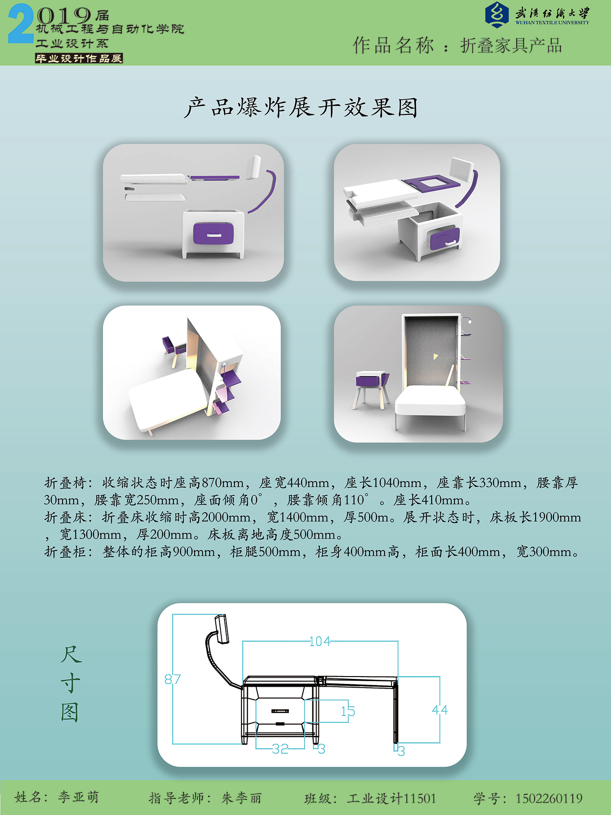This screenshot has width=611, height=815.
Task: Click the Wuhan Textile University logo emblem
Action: (x=497, y=15)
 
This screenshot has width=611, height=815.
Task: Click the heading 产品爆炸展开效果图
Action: (x=301, y=108)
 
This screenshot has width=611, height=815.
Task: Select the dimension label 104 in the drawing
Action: (x=320, y=641)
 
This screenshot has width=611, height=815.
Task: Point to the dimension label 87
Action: (x=173, y=679)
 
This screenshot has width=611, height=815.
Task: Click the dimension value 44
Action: (x=440, y=710)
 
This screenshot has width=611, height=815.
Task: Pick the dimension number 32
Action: (x=280, y=749)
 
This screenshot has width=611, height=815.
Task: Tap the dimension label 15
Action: (x=348, y=712)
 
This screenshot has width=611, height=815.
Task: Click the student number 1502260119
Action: (x=549, y=798)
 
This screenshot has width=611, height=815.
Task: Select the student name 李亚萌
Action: (x=78, y=797)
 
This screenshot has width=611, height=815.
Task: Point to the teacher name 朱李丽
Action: (x=242, y=798)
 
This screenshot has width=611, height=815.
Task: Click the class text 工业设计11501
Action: (x=392, y=798)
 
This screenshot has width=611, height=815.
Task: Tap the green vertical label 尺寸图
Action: (x=70, y=683)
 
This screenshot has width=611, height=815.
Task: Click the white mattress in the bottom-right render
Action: (x=431, y=401)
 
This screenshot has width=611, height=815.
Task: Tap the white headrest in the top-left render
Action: (x=254, y=167)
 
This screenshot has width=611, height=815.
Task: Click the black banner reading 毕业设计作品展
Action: (x=79, y=58)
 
